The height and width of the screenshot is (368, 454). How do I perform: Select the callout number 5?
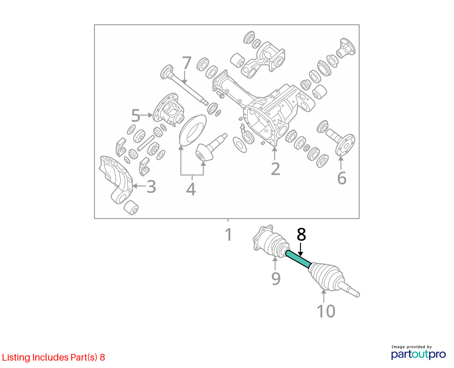(135, 115)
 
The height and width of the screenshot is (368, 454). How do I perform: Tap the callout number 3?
(151, 187)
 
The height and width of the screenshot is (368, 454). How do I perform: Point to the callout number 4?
(191, 189)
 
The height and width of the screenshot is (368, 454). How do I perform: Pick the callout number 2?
(275, 169)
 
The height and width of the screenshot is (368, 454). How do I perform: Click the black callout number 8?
(301, 234)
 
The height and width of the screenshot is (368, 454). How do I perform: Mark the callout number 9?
(276, 279)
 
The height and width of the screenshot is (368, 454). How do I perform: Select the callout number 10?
(326, 311)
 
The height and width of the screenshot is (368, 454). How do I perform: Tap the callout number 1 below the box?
(228, 234)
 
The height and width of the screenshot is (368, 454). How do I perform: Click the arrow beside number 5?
(147, 115)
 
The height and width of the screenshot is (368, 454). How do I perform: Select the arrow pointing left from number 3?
(139, 186)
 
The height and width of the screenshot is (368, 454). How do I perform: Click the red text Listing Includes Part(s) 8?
(53, 357)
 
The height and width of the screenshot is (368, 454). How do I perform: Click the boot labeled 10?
(326, 276)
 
